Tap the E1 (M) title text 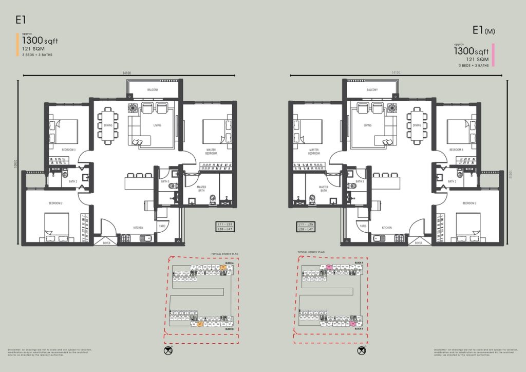484,31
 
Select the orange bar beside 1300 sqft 18,44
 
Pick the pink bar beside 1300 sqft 493,55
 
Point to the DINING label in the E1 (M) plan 417,125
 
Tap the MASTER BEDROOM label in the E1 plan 211,152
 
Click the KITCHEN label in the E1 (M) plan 387,227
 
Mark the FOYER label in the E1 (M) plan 419,243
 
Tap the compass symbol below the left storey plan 168,351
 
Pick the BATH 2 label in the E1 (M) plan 452,181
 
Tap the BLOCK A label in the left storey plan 229,263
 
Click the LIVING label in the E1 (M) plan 367,125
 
